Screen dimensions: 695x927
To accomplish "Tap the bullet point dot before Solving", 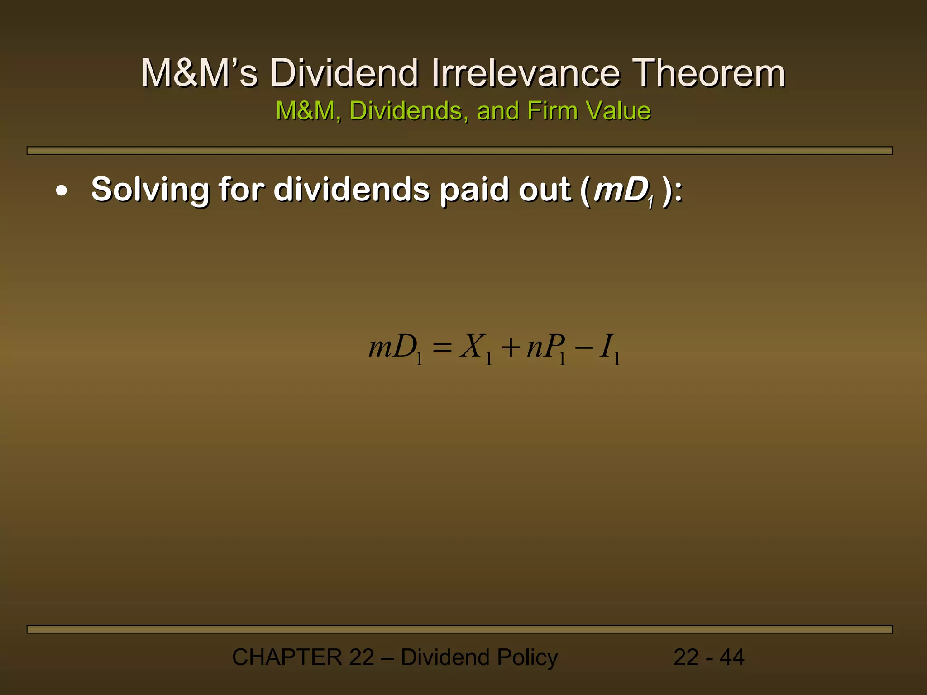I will pyautogui.click(x=62, y=191).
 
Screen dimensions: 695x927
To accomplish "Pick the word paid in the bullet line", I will pyautogui.click(x=475, y=190).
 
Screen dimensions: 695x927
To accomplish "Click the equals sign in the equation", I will pyautogui.click(x=442, y=347).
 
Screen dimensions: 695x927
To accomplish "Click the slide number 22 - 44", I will pyautogui.click(x=709, y=657).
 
